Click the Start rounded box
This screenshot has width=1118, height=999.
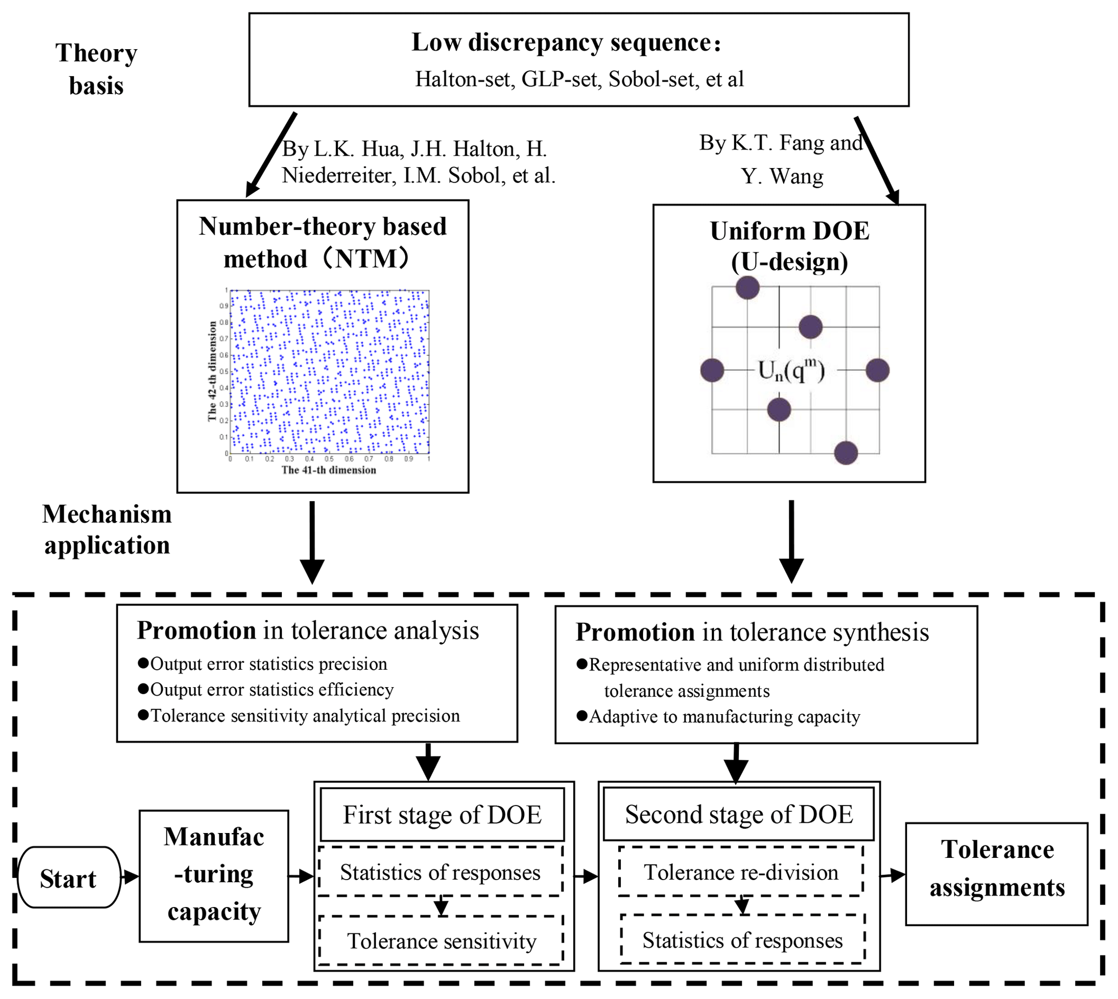pos(69,879)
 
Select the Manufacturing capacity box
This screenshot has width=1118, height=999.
pos(214,876)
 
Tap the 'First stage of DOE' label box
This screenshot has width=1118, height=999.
pos(442,815)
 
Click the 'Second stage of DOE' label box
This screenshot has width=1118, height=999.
pos(738,815)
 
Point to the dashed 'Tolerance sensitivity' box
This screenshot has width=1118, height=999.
pos(441,941)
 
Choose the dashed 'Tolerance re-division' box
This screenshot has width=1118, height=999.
pos(741,873)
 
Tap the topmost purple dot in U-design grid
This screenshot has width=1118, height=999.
pos(747,287)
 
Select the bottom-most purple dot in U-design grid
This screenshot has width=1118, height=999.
pos(845,453)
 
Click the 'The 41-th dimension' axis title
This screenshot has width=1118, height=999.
pos(328,470)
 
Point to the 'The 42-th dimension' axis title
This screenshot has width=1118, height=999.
pos(212,371)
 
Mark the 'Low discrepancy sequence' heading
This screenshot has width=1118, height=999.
pos(566,43)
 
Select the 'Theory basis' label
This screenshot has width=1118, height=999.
pos(96,70)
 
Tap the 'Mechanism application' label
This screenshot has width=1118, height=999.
pos(107,530)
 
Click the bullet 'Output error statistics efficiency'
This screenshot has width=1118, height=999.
pos(272,690)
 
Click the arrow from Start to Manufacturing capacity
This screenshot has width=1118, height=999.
pos(130,877)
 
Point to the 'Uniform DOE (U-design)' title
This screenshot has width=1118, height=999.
pos(789,247)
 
